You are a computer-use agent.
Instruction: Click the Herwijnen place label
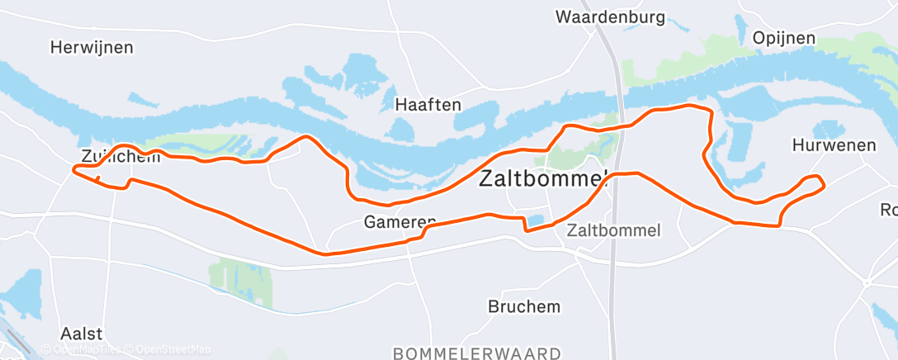[x=91, y=47]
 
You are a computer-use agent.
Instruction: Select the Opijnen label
[x=783, y=38]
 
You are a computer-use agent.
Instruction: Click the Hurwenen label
[x=833, y=145]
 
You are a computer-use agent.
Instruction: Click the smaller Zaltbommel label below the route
[x=613, y=230]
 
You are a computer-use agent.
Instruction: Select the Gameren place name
[x=399, y=222]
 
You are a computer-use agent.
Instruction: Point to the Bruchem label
[x=523, y=306]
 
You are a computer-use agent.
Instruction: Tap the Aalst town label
[x=82, y=334]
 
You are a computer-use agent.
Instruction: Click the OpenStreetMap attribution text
[x=173, y=349]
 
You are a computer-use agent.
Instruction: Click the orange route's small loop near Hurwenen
[x=812, y=183]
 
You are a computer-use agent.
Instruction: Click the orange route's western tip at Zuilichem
[x=75, y=169]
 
